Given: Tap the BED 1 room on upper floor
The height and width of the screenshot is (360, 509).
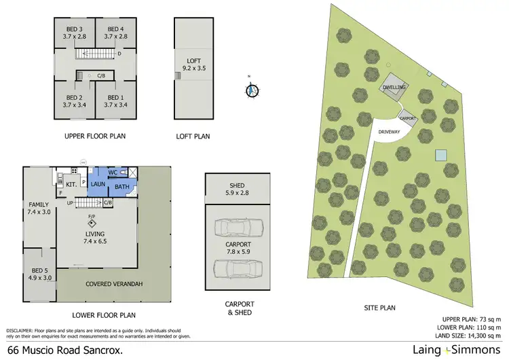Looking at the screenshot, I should pyautogui.click(x=115, y=101).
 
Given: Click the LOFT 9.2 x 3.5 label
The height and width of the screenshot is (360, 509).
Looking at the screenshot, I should pyautogui.click(x=193, y=65).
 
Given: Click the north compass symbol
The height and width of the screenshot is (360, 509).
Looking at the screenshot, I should pyautogui.click(x=252, y=89).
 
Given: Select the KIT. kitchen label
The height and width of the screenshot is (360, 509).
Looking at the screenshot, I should pyautogui.click(x=71, y=183).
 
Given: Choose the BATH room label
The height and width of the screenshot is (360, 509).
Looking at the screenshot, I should pyautogui.click(x=122, y=187).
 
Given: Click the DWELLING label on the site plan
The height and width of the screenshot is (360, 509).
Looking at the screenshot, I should pyautogui.click(x=394, y=87).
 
